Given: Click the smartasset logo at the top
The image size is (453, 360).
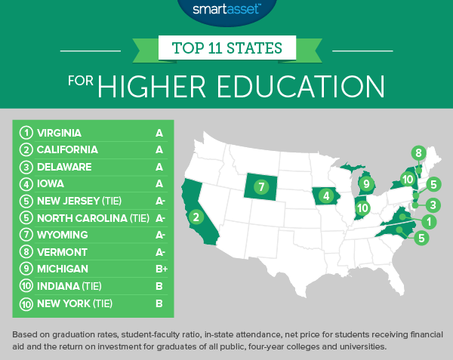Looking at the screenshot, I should coord(226,11).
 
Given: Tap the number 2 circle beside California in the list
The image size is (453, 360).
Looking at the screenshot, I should coord(25,150).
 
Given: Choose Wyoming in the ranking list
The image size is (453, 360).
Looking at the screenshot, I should coord(63,235).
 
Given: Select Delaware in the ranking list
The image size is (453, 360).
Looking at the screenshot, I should coord(64,167).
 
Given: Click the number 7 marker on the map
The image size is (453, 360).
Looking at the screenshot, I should coord(261,186).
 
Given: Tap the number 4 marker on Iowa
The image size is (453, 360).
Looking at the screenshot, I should coord(326,197).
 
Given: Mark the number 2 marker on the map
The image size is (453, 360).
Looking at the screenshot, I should coord(196,218).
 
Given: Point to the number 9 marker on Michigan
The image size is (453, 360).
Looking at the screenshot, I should coord(366,183).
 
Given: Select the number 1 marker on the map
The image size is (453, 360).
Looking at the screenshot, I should coord(428,222).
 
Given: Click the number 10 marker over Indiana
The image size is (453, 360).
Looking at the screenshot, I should coord(362,208).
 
